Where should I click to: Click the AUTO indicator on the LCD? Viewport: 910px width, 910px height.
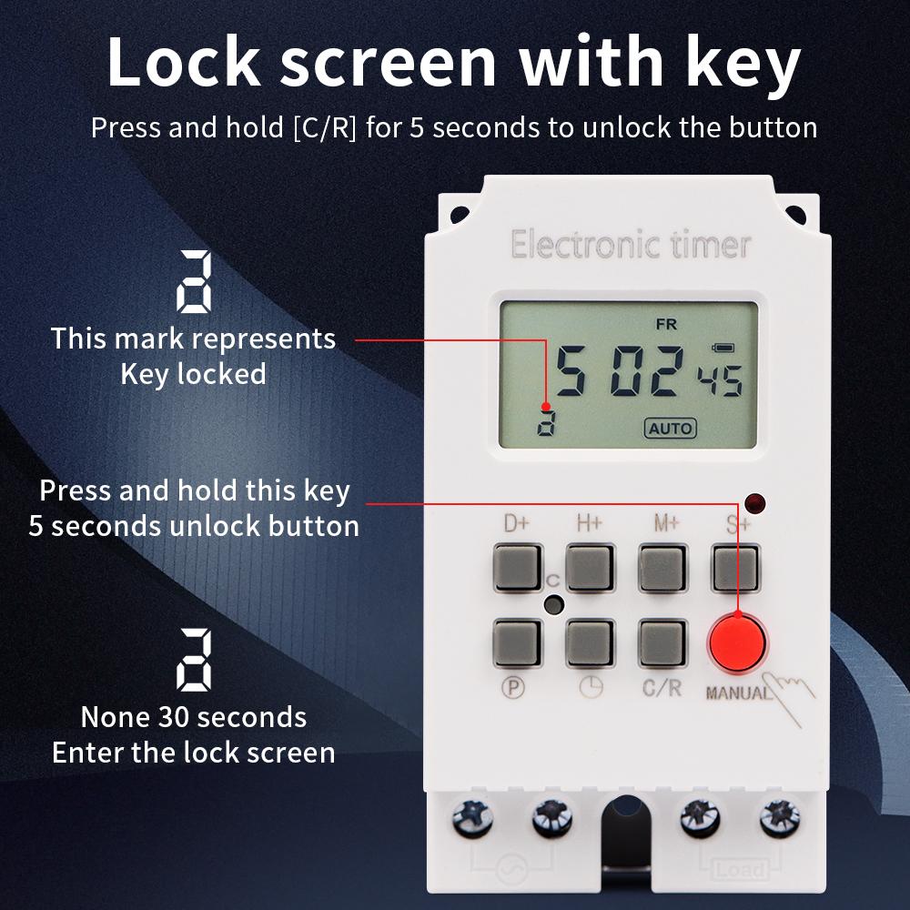[670, 428]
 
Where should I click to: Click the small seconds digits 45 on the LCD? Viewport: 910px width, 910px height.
[720, 377]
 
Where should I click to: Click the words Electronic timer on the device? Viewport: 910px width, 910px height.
[631, 245]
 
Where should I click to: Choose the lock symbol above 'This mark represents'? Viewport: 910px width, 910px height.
[194, 282]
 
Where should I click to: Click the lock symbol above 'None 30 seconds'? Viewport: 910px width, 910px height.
[194, 661]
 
